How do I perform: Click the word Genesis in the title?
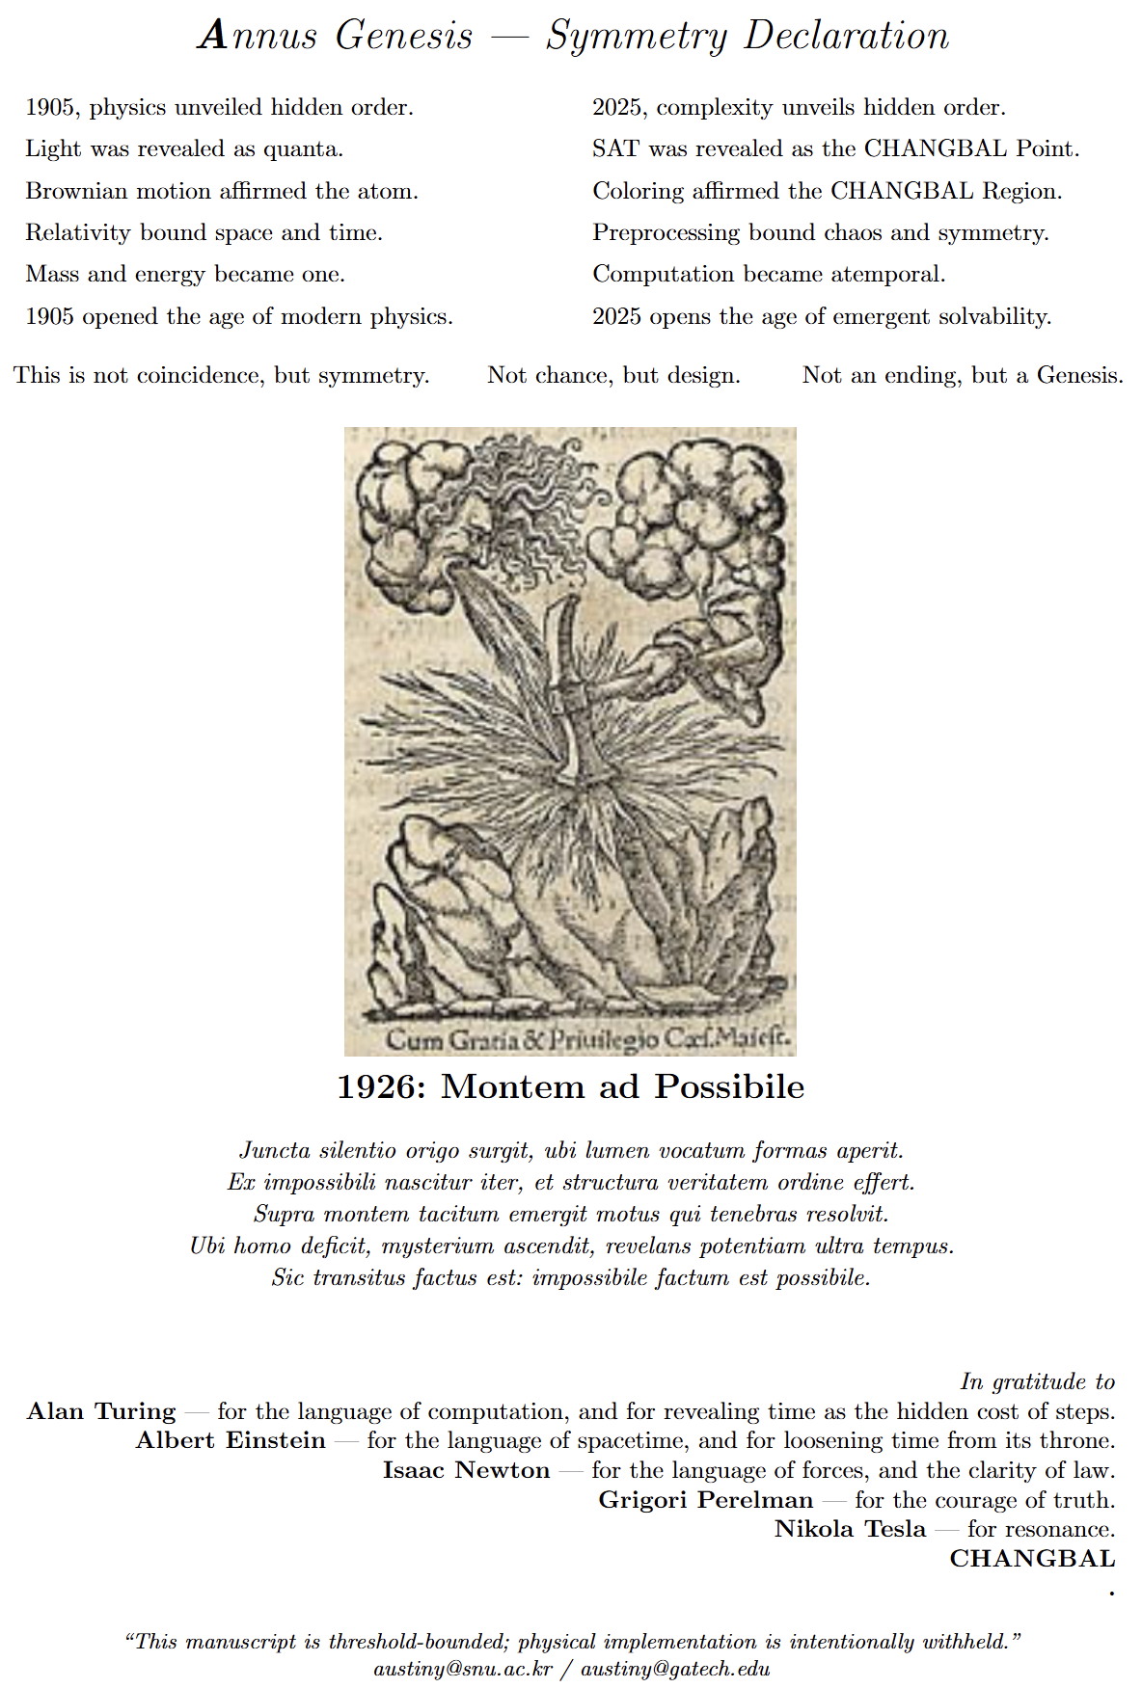pos(404,37)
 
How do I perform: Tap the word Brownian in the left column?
pos(76,191)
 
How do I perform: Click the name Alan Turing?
pos(101,1412)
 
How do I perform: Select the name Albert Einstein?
pos(231,1441)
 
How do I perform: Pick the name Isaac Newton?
pos(466,1471)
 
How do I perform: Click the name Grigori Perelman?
pos(706,1501)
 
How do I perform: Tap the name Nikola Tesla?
pos(850,1530)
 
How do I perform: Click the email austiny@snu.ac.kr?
pos(463,1669)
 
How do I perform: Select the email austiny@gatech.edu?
pos(675,1669)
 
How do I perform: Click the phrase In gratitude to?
pos(1037,1382)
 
